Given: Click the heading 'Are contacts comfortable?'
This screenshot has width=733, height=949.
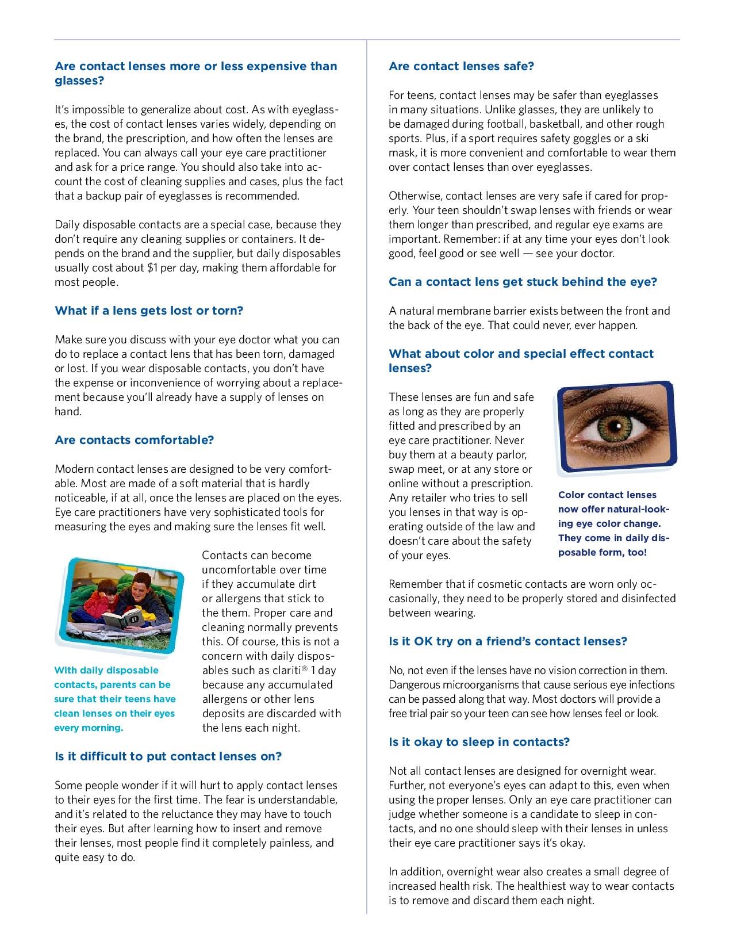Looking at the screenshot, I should pyautogui.click(x=134, y=440).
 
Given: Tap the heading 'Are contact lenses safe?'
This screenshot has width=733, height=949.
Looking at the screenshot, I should pyautogui.click(x=461, y=66).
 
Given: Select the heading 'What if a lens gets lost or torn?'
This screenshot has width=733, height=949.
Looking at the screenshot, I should pyautogui.click(x=149, y=311).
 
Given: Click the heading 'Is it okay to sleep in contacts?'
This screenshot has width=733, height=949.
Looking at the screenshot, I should pyautogui.click(x=479, y=742).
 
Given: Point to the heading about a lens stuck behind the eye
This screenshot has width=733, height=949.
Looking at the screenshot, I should pyautogui.click(x=523, y=282).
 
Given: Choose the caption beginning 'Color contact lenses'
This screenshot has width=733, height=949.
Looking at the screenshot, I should pyautogui.click(x=614, y=523).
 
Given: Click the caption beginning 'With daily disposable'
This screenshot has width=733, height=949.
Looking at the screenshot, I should pyautogui.click(x=115, y=699).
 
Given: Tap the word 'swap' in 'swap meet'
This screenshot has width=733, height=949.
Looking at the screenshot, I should pyautogui.click(x=401, y=469).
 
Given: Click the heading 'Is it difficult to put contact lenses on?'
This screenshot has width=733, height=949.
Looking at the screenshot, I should pyautogui.click(x=168, y=756).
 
